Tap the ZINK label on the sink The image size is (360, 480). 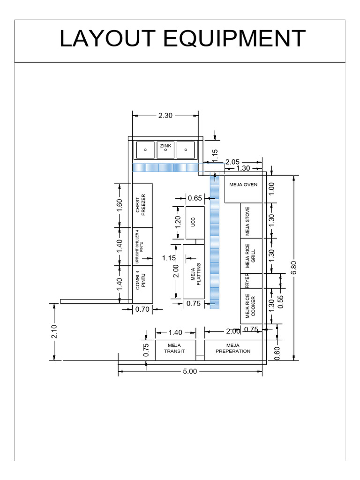tap(165, 146)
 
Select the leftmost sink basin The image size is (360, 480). tap(145, 150)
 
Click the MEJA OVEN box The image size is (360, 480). tap(243, 185)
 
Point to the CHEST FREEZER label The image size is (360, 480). tap(141, 204)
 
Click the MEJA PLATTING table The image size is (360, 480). tap(195, 272)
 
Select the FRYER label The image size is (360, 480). tap(247, 280)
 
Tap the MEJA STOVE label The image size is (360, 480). tap(247, 221)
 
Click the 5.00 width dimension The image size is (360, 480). tap(190, 371)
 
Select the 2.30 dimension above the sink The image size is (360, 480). tap(165, 115)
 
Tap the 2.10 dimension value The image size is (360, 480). tap(54, 332)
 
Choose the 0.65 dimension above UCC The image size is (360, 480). tap(195, 198)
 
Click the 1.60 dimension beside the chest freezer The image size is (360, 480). tap(120, 205)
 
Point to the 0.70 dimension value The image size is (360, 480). tap(142, 309)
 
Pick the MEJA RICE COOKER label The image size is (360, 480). tap(250, 307)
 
